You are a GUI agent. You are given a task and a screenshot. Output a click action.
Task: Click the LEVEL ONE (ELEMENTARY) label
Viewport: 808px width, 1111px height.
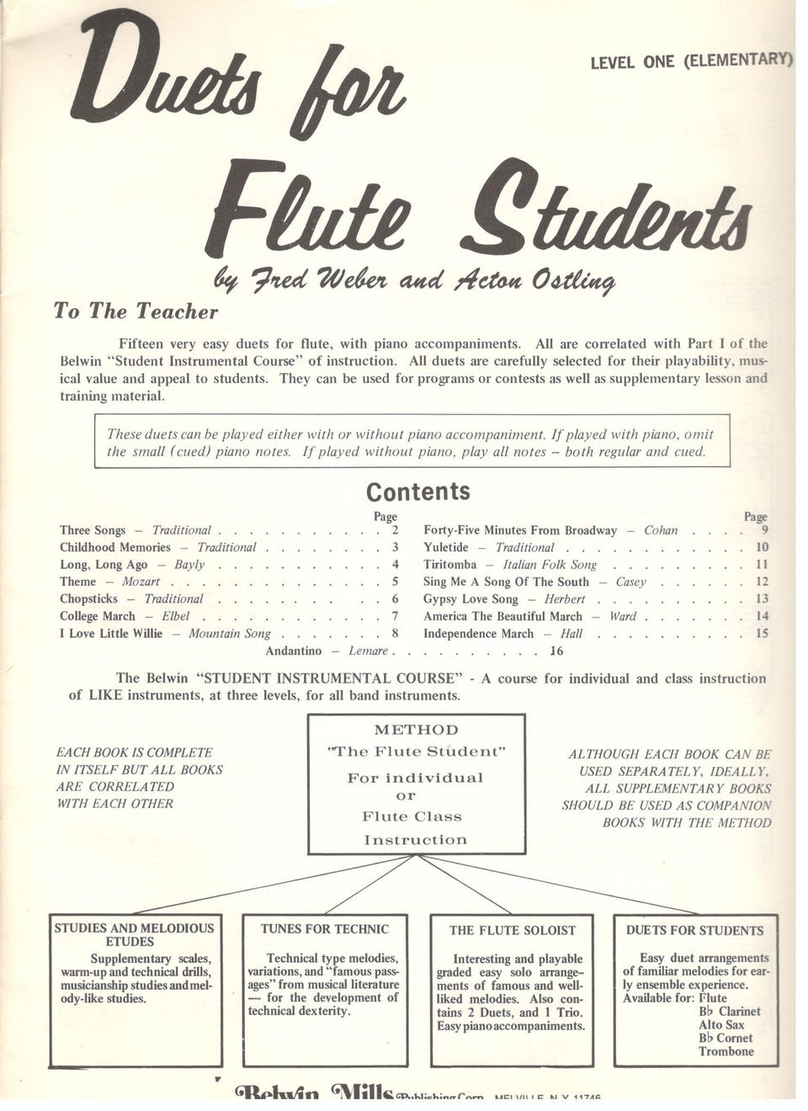(x=692, y=61)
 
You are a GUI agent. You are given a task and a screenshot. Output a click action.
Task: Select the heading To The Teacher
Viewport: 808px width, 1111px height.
(x=136, y=311)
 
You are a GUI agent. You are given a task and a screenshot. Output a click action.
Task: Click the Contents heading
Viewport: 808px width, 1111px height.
(x=418, y=492)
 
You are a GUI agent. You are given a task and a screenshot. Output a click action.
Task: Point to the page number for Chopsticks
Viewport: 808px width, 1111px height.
(x=395, y=599)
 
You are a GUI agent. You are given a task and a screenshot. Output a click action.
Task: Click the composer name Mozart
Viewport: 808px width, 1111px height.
(x=141, y=582)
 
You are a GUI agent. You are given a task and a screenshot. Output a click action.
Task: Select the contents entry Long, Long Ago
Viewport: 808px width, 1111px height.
(x=104, y=565)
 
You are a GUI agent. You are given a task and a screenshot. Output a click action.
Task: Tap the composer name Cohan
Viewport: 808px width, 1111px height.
(x=661, y=531)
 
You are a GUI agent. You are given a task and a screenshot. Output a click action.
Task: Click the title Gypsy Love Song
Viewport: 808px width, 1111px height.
(x=470, y=599)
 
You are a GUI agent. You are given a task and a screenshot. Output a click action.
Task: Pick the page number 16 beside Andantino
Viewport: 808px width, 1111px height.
(x=556, y=651)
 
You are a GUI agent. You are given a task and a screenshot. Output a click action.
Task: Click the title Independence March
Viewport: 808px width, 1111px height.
(x=478, y=634)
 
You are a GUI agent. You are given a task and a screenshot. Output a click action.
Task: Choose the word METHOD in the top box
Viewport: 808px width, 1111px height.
(x=417, y=730)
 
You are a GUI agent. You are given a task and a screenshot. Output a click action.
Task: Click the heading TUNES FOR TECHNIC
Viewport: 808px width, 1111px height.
(x=325, y=929)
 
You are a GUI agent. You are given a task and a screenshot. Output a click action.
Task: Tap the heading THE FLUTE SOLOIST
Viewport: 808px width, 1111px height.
(x=512, y=930)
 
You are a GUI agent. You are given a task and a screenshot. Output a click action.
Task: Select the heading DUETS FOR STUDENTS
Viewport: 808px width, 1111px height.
(x=694, y=930)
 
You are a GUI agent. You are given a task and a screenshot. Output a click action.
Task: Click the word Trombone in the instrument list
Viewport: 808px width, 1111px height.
(x=726, y=1051)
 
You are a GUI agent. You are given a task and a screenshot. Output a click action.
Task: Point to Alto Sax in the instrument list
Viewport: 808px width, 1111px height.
(x=721, y=1024)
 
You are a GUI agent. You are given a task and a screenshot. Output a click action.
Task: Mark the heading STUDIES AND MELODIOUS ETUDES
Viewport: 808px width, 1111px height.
(x=135, y=934)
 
